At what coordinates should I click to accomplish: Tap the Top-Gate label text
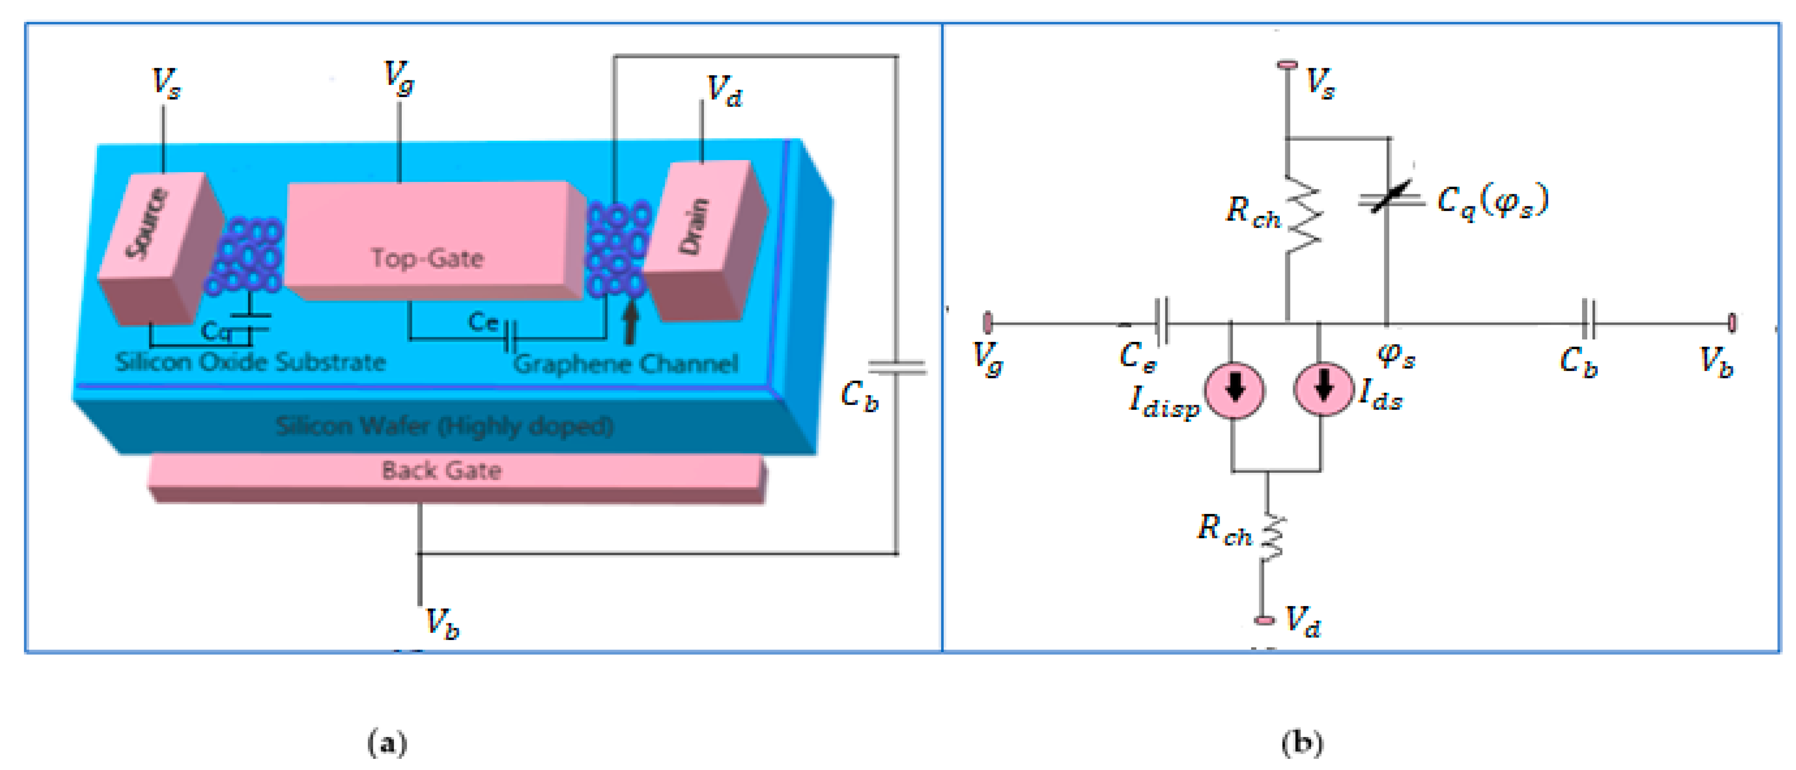coord(427,258)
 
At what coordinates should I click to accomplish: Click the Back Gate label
coord(441,471)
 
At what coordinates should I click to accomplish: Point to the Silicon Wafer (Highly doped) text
coord(444,426)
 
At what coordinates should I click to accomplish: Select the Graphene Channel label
coord(626,363)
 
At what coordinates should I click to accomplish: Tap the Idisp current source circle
coord(1234,389)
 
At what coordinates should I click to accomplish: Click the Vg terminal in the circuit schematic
coord(987,322)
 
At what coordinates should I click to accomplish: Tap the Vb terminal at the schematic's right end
coord(1732,322)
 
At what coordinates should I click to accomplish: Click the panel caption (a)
coord(387,743)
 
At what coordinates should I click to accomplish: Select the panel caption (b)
coord(1302,743)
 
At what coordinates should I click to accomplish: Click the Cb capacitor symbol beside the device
coord(897,368)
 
